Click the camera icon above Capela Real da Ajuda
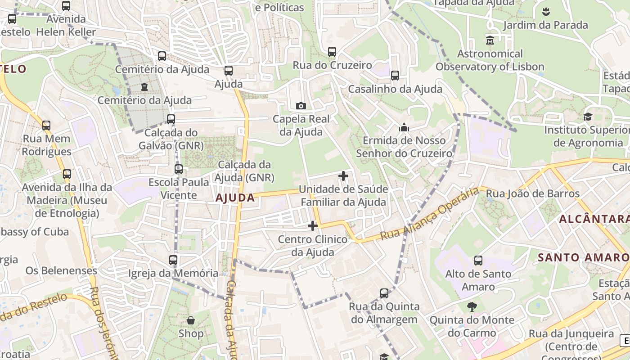pos(301,106)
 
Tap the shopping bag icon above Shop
pos(191,320)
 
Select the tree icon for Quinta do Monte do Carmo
pos(472,307)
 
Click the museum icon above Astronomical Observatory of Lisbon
pos(490,40)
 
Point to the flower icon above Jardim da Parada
pos(546,12)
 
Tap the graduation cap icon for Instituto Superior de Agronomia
pos(588,117)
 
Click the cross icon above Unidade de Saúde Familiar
pos(343,176)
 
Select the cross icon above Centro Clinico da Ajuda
pos(313,226)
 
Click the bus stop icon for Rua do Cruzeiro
pos(332,52)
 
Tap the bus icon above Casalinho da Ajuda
pos(395,76)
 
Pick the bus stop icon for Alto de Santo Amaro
pos(478,261)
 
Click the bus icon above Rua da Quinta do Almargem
pos(384,293)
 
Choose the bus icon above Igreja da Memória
pos(173,260)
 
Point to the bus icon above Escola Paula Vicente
pos(179,169)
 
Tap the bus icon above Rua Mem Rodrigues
pos(46,126)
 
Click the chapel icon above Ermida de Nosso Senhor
pos(404,127)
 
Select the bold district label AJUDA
pos(235,198)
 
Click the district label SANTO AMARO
pos(583,258)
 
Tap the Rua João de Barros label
pos(533,194)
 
